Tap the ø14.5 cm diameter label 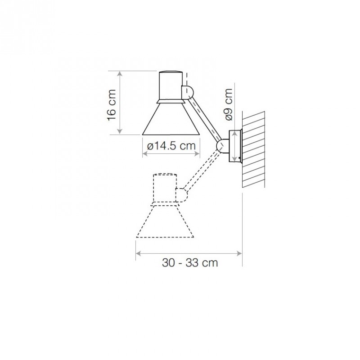click(171, 146)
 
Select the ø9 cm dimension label click(229, 104)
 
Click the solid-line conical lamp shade click(171, 119)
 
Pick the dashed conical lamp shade click(165, 221)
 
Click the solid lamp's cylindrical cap click(171, 85)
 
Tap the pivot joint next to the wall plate click(222, 145)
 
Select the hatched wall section click(254, 148)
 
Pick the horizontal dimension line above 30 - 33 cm click(189, 252)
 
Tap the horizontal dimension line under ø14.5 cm click(171, 154)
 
